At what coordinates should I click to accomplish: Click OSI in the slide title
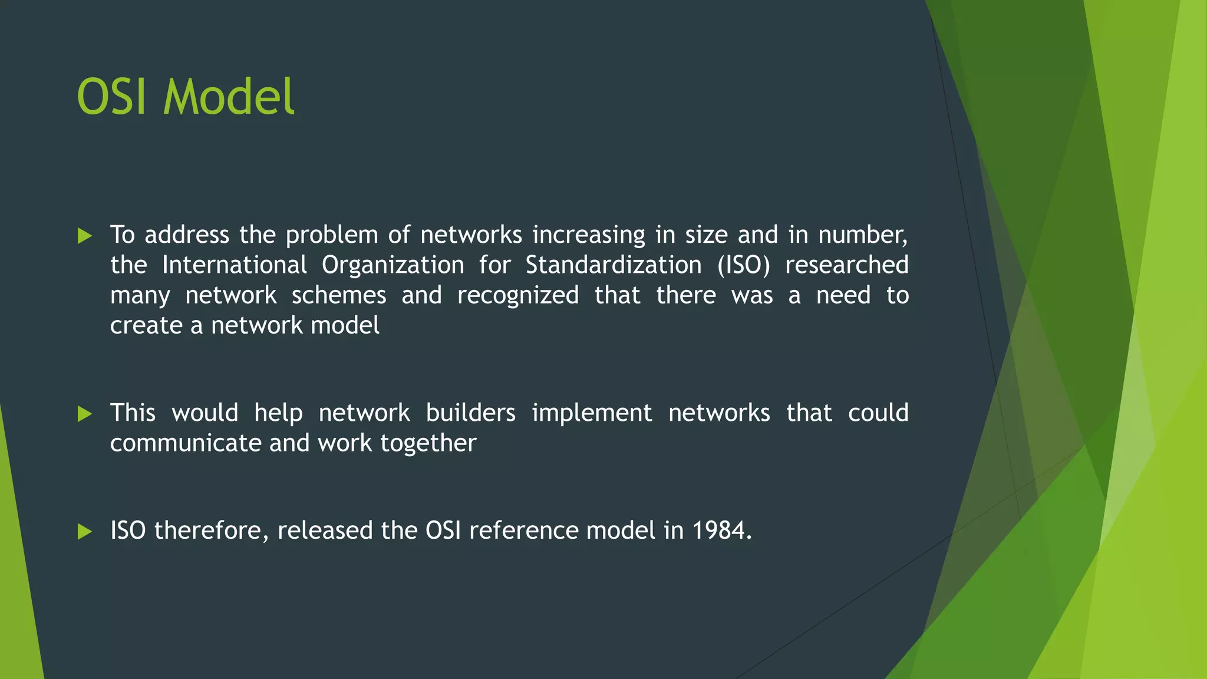(112, 97)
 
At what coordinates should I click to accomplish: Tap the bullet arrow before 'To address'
(85, 236)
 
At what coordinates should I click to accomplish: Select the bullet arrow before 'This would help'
(85, 414)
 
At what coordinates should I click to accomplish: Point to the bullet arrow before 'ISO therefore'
(85, 532)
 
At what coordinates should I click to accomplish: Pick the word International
(234, 265)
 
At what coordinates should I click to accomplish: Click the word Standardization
(613, 265)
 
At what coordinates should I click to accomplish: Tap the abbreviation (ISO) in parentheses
(743, 265)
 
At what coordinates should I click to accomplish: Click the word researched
(846, 265)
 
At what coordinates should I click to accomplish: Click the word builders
(470, 413)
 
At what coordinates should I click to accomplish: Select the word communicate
(186, 443)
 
